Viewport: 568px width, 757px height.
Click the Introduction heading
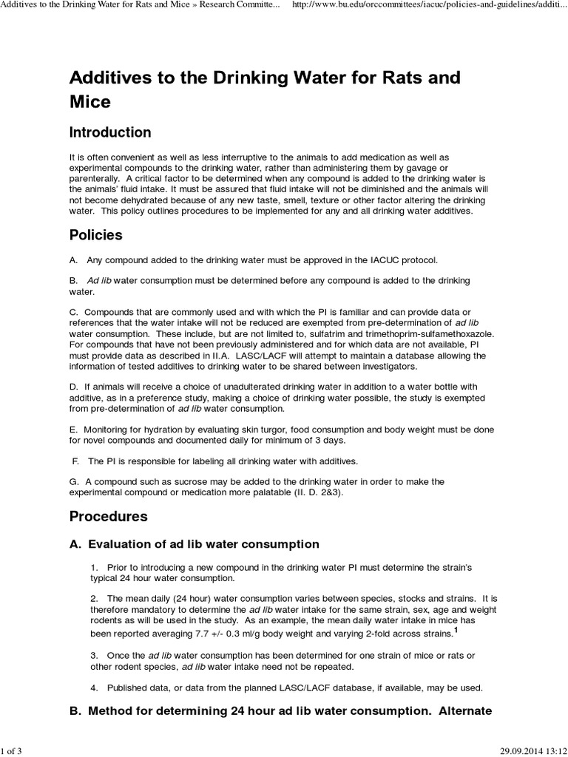[110, 133]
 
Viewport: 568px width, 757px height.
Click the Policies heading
[96, 236]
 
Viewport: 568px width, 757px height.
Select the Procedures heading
[109, 516]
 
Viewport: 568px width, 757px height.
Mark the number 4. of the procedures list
[95, 688]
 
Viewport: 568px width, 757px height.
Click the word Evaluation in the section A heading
[121, 544]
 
